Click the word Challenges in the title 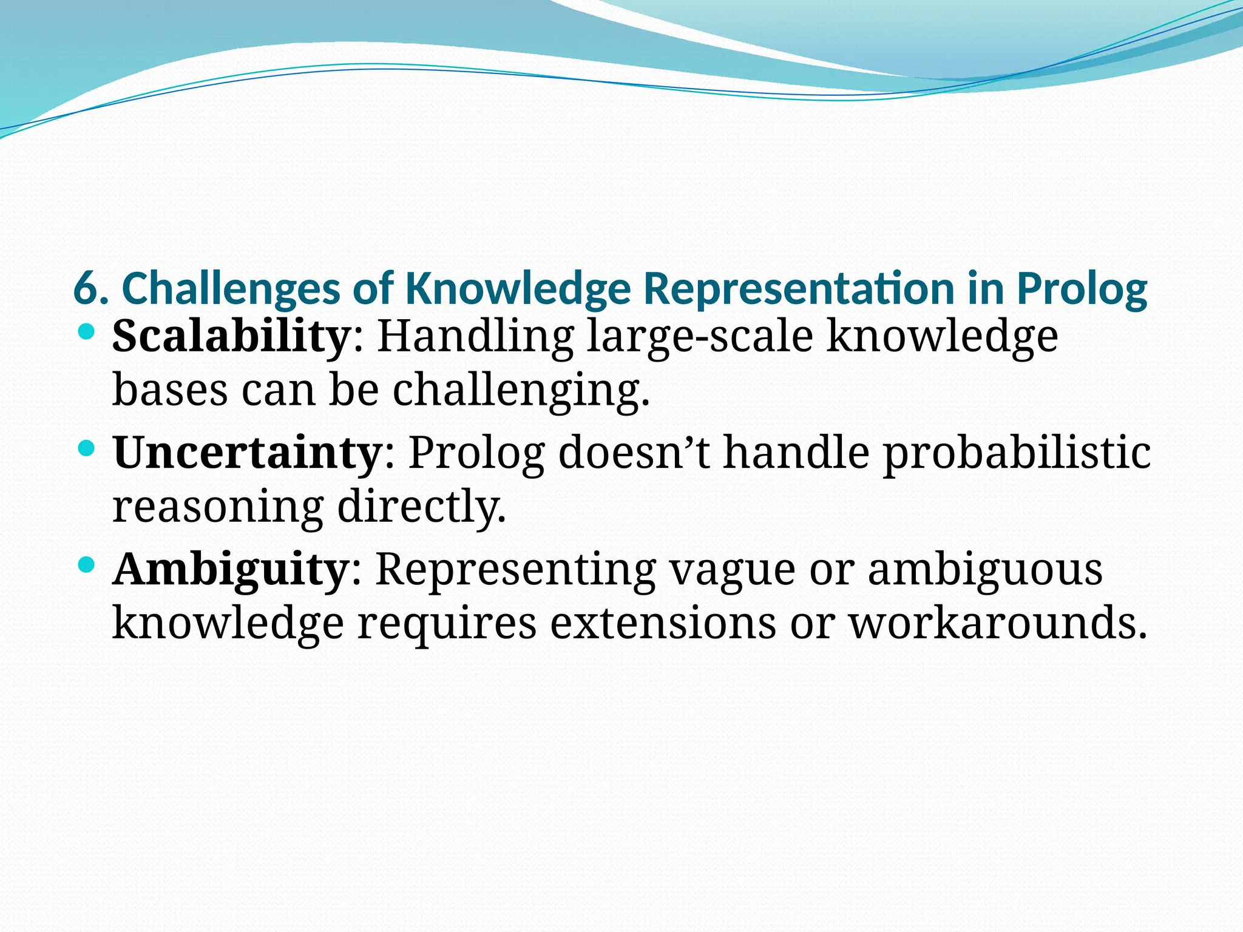click(231, 289)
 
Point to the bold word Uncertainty click(247, 453)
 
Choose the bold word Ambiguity click(230, 570)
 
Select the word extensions click(663, 623)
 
